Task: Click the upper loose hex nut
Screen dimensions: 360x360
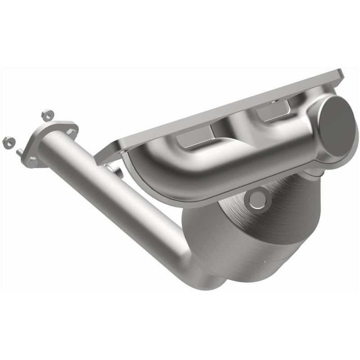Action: point(44,114)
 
